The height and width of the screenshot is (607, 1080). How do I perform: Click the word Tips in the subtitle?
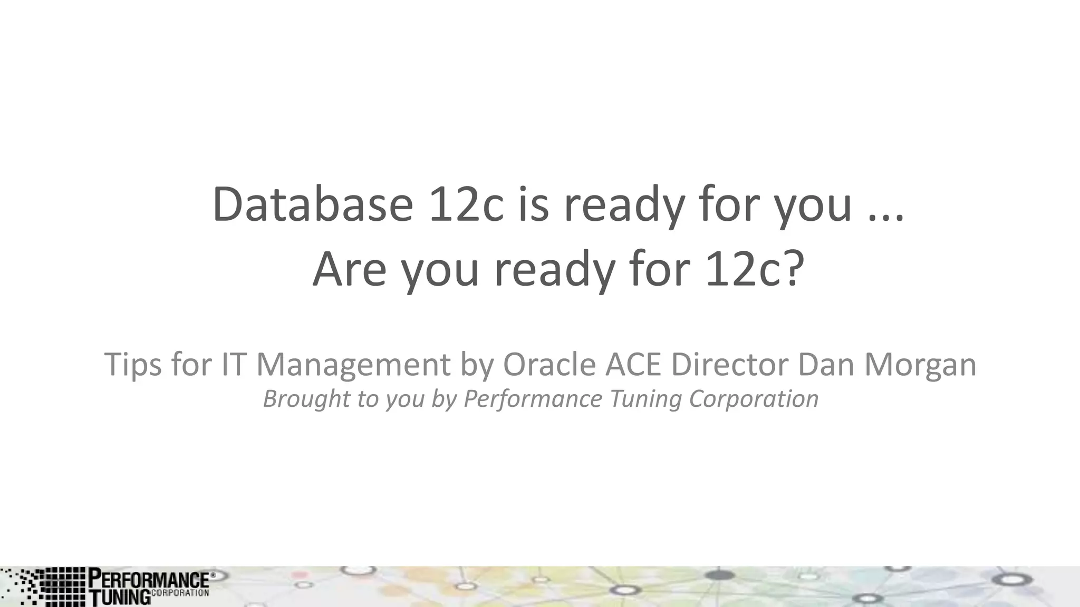[133, 364]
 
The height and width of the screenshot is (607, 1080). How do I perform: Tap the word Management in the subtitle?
[353, 364]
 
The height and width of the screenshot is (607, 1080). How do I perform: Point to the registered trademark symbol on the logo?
[213, 575]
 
